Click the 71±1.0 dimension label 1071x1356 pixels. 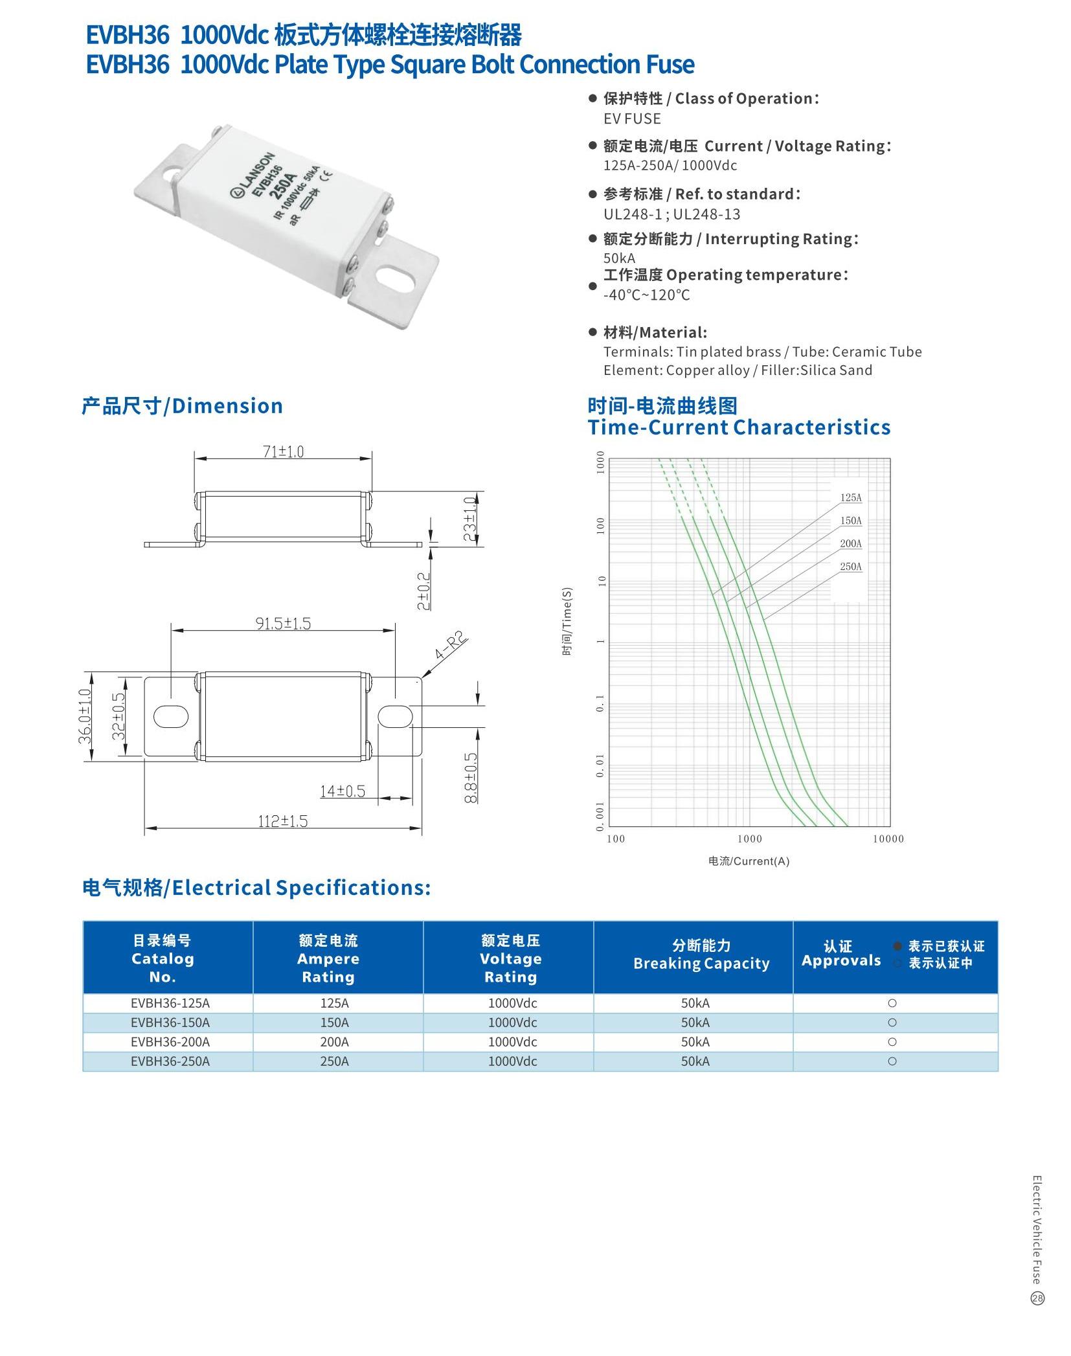click(x=283, y=451)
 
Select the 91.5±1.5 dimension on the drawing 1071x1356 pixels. click(x=283, y=624)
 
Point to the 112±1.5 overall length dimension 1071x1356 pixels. click(x=283, y=821)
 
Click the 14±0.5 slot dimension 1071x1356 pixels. click(x=343, y=791)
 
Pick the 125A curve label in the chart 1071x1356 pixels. click(x=851, y=498)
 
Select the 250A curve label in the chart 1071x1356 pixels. click(x=851, y=567)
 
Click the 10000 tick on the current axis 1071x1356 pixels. click(x=888, y=839)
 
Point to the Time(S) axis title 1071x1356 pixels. click(x=567, y=621)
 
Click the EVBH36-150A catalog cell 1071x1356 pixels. click(x=170, y=1023)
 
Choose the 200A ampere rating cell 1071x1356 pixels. click(x=334, y=1042)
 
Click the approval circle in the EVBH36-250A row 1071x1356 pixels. click(x=892, y=1061)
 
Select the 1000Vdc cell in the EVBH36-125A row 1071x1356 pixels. click(x=512, y=1003)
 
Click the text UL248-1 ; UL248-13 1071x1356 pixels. click(x=671, y=214)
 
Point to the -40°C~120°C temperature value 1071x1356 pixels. click(x=646, y=295)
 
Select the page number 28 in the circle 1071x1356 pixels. click(x=1037, y=1298)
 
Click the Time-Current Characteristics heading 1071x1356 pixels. click(x=739, y=427)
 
